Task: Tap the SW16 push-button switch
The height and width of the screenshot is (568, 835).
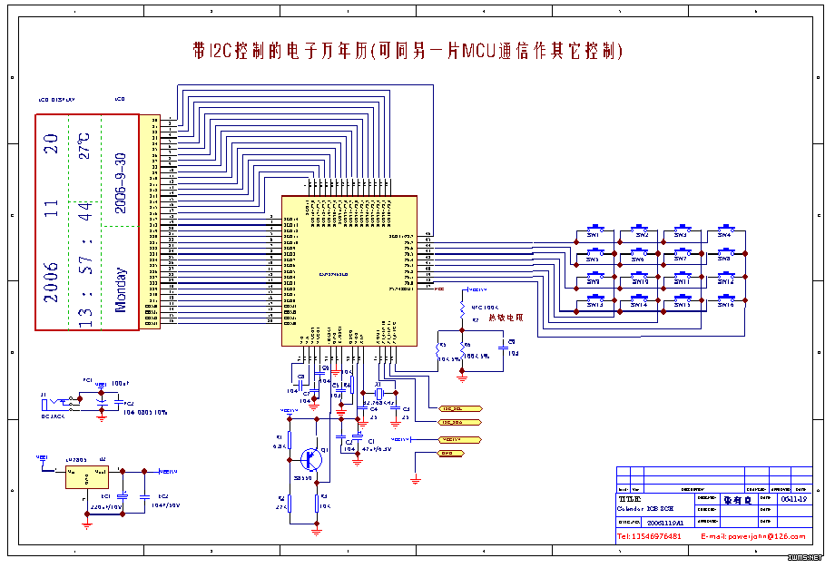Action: click(726, 299)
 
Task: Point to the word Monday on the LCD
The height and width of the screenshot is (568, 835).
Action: click(121, 289)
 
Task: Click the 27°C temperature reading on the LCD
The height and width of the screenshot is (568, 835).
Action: click(83, 146)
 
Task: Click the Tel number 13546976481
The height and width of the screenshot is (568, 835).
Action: click(650, 536)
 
